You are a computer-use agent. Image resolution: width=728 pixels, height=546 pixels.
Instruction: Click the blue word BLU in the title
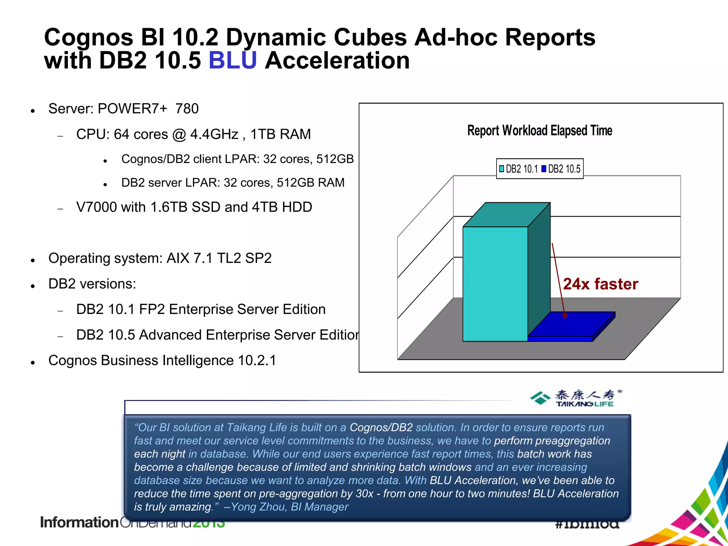(232, 60)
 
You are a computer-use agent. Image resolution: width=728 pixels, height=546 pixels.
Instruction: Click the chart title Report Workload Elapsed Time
(539, 131)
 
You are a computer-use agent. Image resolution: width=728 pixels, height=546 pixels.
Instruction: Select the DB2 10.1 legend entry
(518, 169)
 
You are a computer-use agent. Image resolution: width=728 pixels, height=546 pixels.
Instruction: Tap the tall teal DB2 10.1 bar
(495, 284)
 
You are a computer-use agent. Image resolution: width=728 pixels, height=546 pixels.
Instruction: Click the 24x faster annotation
(600, 284)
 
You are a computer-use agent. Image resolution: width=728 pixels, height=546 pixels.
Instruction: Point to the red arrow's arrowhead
(565, 316)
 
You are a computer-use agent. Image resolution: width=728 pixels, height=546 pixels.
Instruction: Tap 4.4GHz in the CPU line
(214, 134)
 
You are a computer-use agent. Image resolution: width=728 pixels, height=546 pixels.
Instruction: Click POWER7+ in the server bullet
(132, 109)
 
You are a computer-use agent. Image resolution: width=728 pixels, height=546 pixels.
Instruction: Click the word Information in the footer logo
(79, 523)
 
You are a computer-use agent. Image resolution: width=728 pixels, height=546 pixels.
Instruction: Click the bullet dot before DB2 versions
(33, 286)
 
